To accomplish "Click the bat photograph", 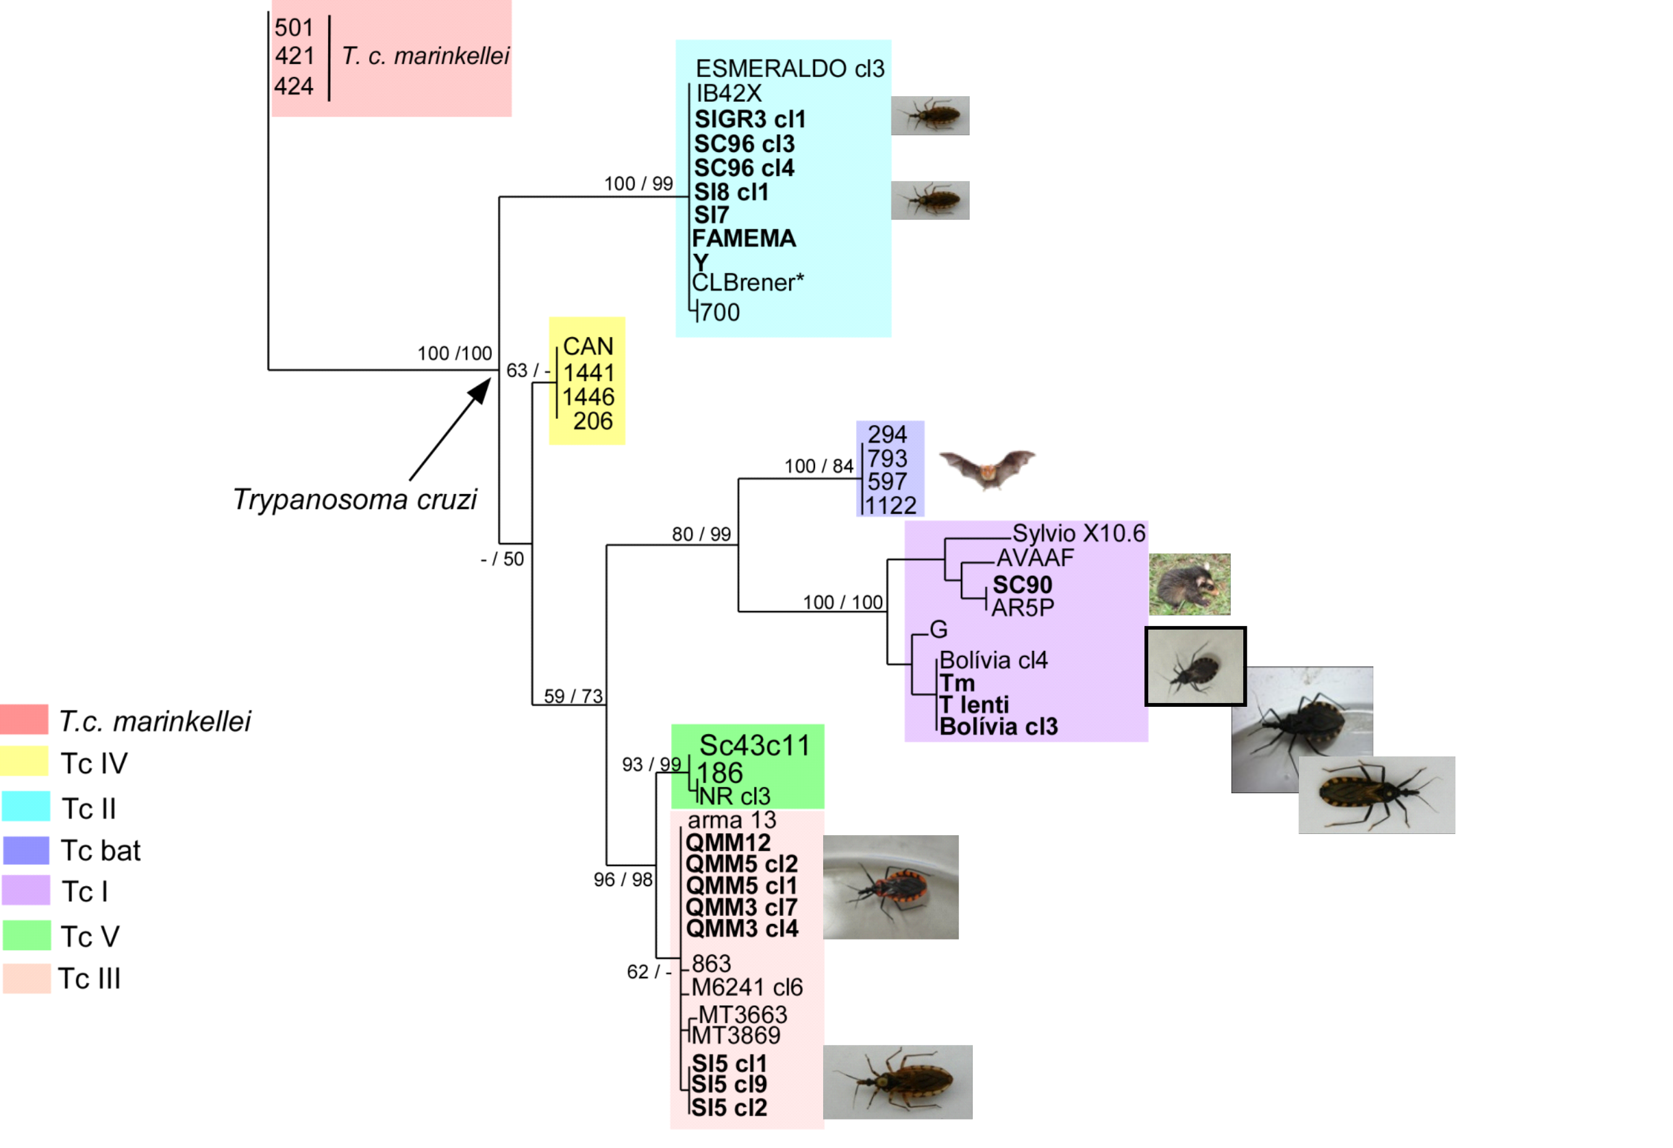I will [987, 470].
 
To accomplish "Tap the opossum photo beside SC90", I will [1189, 584].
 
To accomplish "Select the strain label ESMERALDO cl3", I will [790, 68].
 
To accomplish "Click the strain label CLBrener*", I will [748, 282].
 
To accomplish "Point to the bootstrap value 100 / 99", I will [638, 184].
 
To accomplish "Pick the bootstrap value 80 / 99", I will [701, 534].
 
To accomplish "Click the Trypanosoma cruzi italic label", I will [355, 499].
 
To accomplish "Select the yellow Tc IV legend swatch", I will [24, 761].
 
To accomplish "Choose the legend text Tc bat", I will [100, 851].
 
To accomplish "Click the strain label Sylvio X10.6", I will [1078, 533].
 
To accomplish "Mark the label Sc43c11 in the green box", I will [754, 745].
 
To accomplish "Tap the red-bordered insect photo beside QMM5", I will [891, 887].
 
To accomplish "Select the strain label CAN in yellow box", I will [588, 346].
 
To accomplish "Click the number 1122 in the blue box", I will [891, 506].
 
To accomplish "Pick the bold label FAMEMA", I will [744, 238].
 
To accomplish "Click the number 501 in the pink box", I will [293, 27].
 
